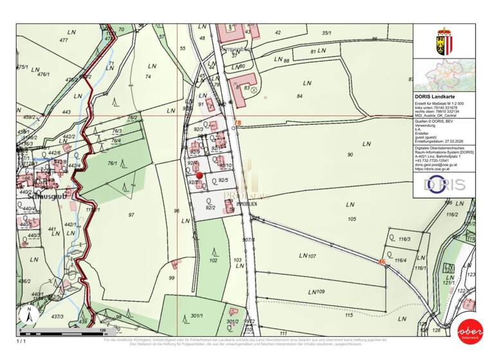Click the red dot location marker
(199, 175)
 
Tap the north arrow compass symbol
(28, 314)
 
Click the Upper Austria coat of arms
(444, 40)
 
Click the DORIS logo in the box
(444, 184)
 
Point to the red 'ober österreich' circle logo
(469, 330)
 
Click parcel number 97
(131, 215)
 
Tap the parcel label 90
(350, 155)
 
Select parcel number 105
(351, 219)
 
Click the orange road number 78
(237, 122)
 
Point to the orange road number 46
(381, 262)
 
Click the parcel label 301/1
(197, 316)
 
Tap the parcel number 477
(63, 40)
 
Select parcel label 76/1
(112, 163)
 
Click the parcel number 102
(214, 260)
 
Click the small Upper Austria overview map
(444, 75)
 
